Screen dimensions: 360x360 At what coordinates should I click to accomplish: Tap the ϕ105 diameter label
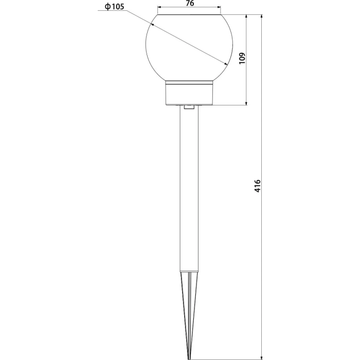click(114, 6)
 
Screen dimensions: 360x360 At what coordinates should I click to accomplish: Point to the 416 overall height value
click(257, 186)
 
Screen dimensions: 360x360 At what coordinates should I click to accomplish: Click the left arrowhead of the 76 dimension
click(159, 8)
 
